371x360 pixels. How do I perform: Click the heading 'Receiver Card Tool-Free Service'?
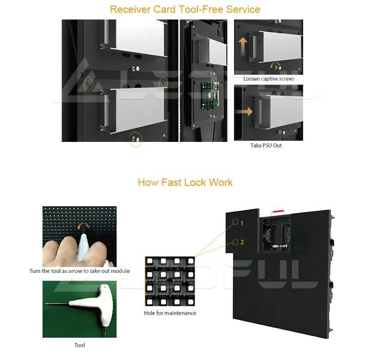[x=185, y=9]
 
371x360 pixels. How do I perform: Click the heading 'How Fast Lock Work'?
[x=185, y=182]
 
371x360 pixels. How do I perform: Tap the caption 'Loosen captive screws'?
[x=269, y=79]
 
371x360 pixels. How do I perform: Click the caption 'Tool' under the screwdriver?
[x=79, y=345]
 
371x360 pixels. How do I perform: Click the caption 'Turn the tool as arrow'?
[x=79, y=271]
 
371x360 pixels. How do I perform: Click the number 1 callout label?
[x=242, y=223]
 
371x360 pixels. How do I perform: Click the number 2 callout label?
[x=242, y=242]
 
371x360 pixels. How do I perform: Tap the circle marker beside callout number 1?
[x=234, y=223]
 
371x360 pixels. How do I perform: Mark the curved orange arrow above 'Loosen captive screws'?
[x=275, y=66]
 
